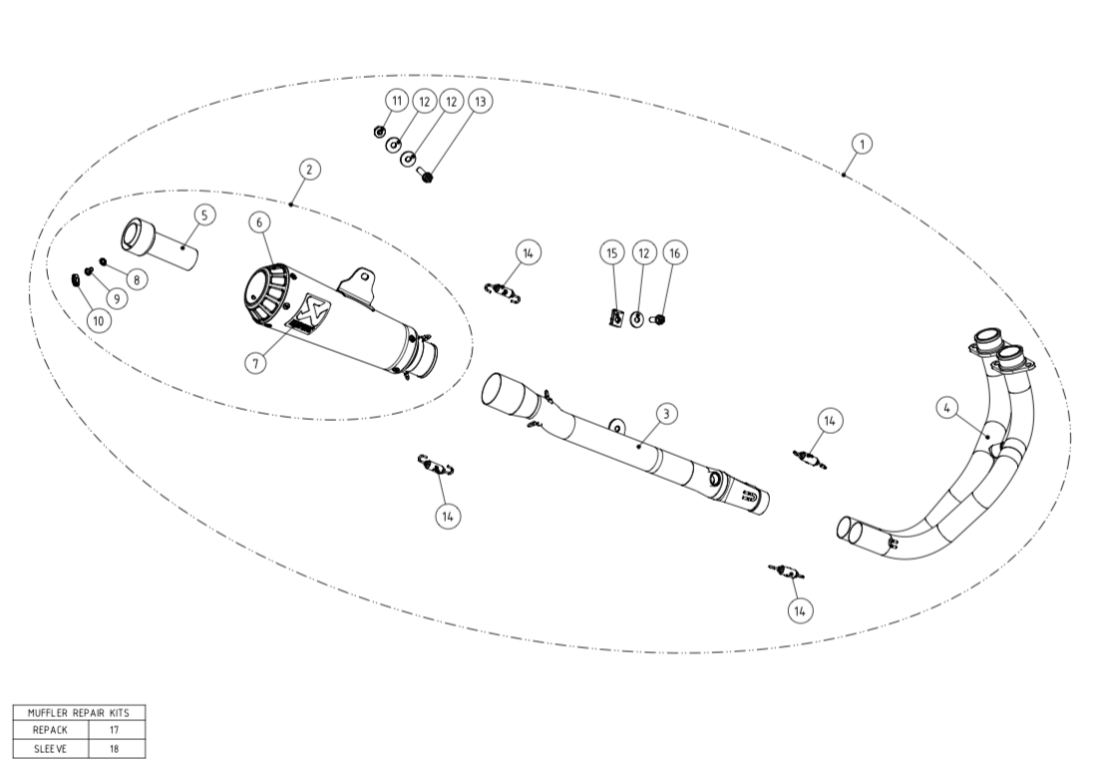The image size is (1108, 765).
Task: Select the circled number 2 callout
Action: click(309, 170)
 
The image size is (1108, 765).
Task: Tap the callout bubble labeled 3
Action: click(667, 412)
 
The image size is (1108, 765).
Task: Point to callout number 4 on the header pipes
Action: click(946, 406)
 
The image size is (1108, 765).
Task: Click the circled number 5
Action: click(203, 213)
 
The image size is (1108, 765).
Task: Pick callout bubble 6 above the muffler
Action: click(260, 221)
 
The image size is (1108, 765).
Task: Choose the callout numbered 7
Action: click(256, 363)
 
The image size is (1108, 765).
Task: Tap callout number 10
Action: click(98, 320)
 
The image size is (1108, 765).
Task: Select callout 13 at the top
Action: click(480, 101)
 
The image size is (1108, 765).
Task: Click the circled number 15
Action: click(612, 253)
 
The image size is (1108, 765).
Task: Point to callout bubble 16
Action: click(674, 253)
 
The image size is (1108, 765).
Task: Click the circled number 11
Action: click(396, 101)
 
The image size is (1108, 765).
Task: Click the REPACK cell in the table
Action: click(50, 730)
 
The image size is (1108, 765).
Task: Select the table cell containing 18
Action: click(115, 748)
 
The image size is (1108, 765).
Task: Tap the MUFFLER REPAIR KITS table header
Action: click(79, 712)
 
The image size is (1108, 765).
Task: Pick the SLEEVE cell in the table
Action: click(50, 748)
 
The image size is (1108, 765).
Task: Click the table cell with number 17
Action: click(115, 730)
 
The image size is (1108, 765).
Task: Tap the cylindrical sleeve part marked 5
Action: click(160, 242)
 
